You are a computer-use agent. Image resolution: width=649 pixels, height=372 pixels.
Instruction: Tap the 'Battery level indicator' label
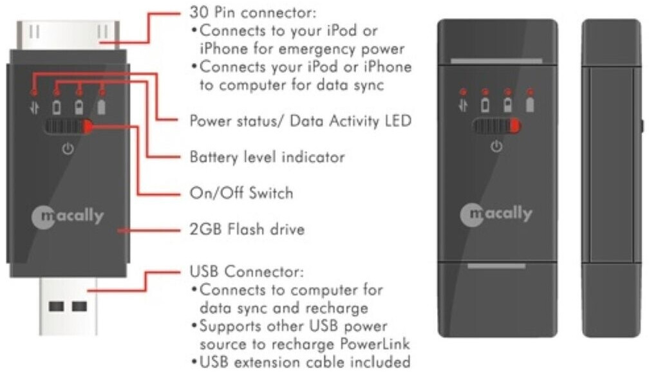(267, 156)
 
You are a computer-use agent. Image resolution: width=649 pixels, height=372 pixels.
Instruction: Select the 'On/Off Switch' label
(241, 193)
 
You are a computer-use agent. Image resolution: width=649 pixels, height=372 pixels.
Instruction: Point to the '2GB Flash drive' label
(247, 230)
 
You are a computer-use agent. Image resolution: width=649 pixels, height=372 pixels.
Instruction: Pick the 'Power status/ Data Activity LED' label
(300, 120)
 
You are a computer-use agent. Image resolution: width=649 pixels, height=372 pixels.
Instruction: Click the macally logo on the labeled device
(68, 216)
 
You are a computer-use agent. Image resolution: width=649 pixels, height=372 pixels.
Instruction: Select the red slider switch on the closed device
(516, 126)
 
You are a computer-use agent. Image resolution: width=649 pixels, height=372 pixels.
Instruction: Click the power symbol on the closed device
(495, 147)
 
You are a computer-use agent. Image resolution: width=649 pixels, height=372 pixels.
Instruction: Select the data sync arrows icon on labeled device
(34, 107)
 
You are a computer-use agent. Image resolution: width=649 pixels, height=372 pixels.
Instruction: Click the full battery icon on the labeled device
(101, 105)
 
